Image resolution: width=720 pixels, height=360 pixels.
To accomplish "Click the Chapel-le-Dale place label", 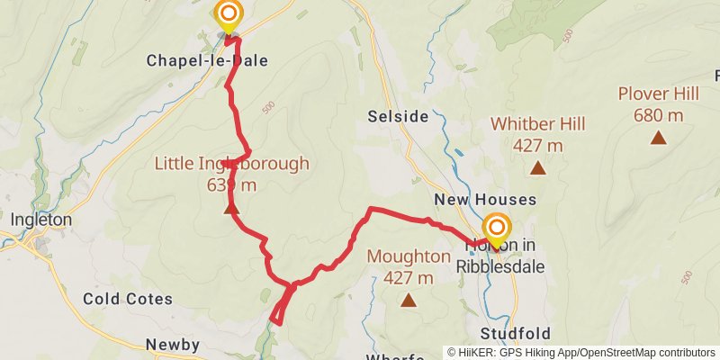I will (x=206, y=61).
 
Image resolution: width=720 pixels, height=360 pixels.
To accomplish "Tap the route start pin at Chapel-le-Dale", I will (x=229, y=16).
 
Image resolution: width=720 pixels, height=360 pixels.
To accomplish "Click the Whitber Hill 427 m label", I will (x=537, y=133).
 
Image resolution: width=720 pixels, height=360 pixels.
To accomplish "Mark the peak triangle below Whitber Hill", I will (x=537, y=167).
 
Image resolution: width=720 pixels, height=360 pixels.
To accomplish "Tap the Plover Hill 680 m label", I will (x=658, y=103).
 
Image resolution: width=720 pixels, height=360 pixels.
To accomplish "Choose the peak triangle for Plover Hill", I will (x=659, y=138).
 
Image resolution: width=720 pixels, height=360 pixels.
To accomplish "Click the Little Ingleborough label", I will (x=231, y=174).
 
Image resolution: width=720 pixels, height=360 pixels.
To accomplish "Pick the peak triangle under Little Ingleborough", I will (x=231, y=209).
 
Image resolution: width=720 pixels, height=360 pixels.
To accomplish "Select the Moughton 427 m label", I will (x=409, y=266).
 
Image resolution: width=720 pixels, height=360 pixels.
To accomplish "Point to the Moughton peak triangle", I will (x=409, y=301).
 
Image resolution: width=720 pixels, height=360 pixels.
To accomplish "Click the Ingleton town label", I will (x=40, y=220).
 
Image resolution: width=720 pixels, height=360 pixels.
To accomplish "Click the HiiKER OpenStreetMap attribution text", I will (x=582, y=352).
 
